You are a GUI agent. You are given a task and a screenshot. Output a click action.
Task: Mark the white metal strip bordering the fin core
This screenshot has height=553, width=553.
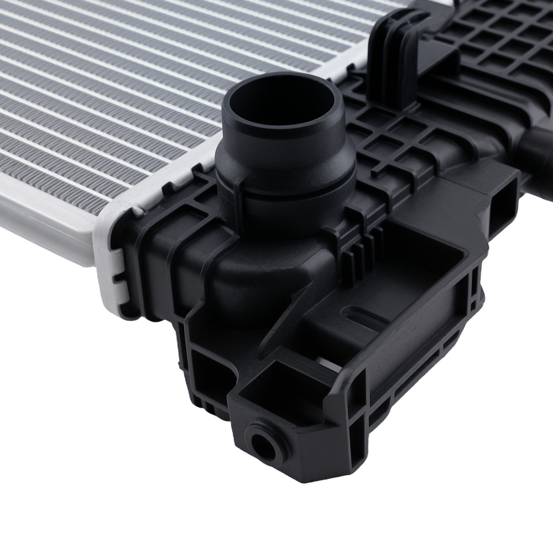[50, 232]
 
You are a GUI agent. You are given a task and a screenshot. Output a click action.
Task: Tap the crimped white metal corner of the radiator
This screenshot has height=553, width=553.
[111, 265]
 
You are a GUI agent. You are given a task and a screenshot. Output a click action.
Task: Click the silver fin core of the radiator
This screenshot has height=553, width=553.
[138, 83]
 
